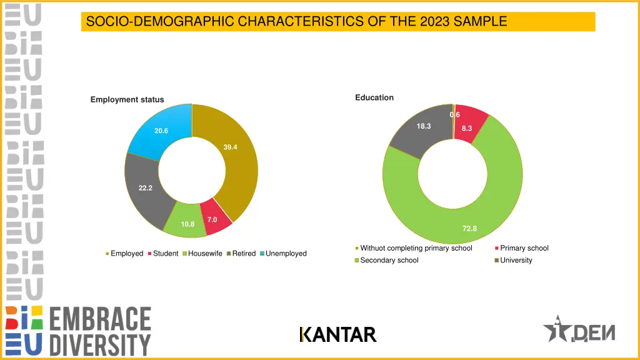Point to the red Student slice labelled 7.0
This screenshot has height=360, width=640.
click(214, 219)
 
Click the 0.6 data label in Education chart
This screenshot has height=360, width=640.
click(454, 114)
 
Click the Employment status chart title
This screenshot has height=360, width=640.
click(127, 99)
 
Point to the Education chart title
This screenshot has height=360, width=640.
click(374, 97)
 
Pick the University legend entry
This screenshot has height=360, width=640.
click(516, 260)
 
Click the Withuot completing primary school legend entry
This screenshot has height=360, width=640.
click(416, 248)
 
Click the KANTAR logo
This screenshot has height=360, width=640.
click(338, 335)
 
